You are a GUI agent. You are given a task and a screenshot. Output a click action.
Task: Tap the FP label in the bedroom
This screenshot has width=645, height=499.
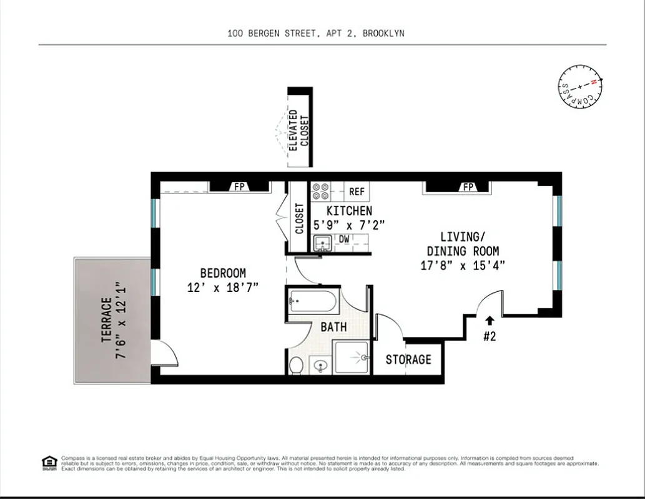(x=239, y=187)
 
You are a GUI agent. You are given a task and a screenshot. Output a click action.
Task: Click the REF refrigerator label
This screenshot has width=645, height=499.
(x=357, y=192)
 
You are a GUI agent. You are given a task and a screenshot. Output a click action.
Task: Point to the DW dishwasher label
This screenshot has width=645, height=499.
(x=344, y=239)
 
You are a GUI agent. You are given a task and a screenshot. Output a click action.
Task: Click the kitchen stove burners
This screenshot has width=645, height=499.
(x=321, y=191)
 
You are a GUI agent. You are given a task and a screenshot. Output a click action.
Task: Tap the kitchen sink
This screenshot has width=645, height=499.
(x=322, y=243)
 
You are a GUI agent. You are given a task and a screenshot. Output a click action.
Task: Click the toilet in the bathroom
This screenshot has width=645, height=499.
(x=296, y=364)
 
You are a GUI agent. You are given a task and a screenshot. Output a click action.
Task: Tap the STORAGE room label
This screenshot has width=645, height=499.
(x=408, y=360)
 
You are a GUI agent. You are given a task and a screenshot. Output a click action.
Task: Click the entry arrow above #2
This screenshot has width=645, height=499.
(x=489, y=321)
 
